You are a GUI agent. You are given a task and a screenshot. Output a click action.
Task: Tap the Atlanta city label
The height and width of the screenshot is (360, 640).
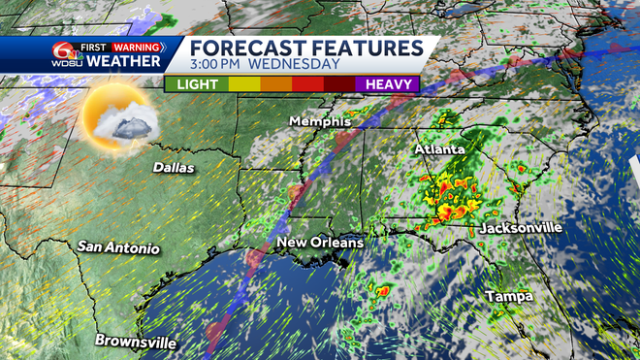(x=439, y=150)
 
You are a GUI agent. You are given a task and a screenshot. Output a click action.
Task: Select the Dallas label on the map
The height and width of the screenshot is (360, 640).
(x=174, y=168)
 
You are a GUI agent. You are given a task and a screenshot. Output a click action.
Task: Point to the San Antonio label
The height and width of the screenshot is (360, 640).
(x=118, y=247)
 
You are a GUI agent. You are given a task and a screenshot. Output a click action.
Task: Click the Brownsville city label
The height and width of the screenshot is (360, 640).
(x=136, y=342)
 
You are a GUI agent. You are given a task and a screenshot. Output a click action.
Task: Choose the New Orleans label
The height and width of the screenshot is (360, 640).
(x=319, y=242)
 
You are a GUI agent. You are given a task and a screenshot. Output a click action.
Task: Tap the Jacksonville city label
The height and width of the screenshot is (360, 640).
(x=520, y=228)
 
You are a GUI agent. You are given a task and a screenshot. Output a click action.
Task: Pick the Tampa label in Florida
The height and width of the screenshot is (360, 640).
(x=509, y=295)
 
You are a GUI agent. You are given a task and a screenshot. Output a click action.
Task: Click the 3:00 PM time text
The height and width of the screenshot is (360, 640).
(x=217, y=65)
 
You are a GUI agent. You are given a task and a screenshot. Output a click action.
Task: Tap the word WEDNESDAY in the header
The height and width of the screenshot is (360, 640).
(x=295, y=65)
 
